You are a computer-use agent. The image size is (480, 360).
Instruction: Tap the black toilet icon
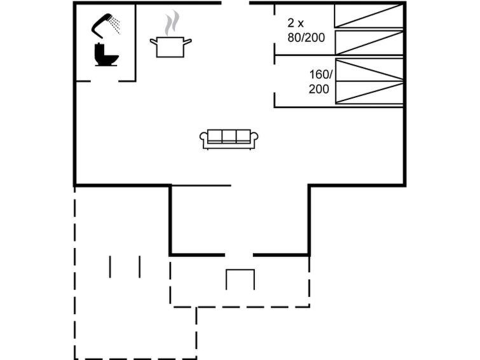coord(106,55)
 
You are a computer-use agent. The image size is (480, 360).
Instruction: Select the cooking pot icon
coord(170,46)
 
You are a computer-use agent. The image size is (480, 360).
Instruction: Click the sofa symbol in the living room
coord(229,139)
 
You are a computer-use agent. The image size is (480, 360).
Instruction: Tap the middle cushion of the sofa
coord(229,135)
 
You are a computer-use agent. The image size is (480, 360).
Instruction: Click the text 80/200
coord(306,38)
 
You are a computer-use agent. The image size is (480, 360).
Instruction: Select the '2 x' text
coord(296,23)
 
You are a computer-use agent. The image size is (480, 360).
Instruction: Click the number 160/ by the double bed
coord(320,74)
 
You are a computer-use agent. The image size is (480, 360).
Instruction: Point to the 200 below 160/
coord(319,89)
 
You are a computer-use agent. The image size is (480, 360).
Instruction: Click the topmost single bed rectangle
coord(369,16)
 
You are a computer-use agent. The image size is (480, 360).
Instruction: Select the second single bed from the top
coord(369,43)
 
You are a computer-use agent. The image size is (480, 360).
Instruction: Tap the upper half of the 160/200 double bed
coord(369,70)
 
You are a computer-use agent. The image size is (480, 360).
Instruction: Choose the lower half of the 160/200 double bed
coord(369,92)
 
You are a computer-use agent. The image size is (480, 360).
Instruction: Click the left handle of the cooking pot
coord(153,41)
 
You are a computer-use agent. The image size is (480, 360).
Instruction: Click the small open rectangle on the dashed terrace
coord(240,270)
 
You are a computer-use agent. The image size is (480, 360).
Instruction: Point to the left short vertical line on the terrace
coord(110,267)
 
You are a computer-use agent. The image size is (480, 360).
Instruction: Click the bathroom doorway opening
coord(104,81)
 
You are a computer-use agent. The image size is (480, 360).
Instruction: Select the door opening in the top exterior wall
coord(235,3)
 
